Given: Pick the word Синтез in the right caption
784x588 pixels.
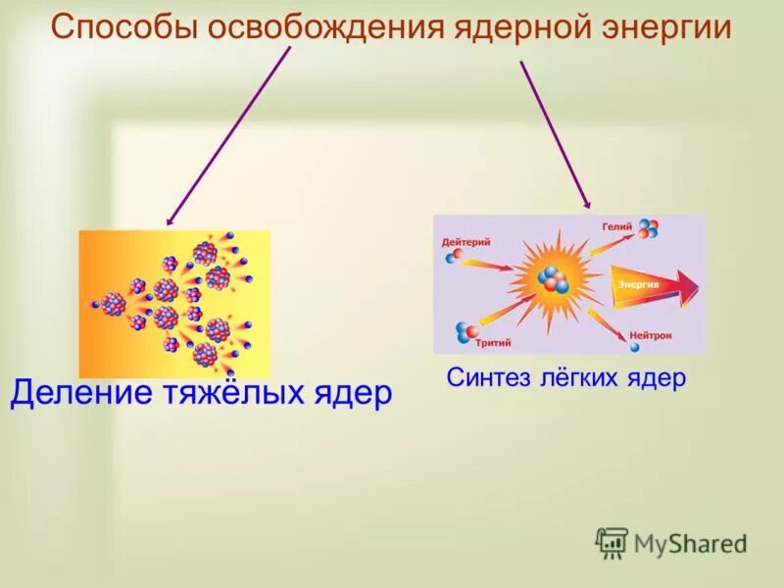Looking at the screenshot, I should (484, 377).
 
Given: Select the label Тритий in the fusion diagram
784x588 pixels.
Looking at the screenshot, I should (492, 344).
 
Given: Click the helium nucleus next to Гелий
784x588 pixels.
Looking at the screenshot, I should (648, 229).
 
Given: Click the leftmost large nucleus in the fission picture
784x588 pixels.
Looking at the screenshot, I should (114, 304).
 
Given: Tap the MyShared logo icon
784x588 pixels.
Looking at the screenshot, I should (612, 542).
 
